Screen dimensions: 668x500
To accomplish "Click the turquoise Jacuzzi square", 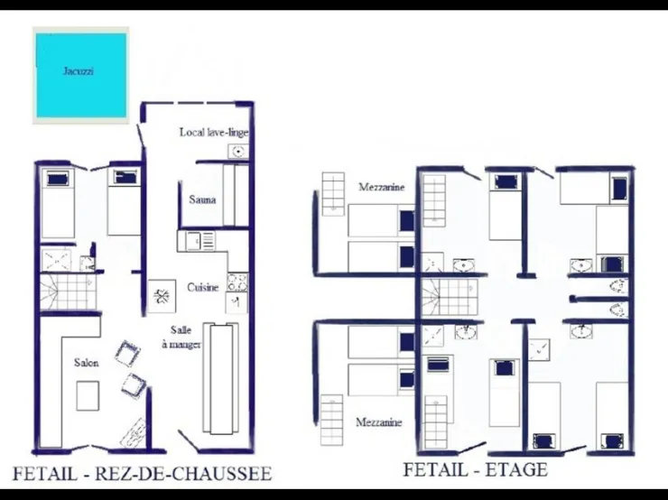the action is click(81, 76).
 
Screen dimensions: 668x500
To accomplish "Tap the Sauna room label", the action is click(202, 199).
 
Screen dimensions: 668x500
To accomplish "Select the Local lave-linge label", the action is click(214, 132).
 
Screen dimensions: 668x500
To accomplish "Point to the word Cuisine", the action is click(203, 288).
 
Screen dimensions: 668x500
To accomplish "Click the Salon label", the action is click(87, 363).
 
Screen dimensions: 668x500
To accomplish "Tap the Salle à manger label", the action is click(181, 337).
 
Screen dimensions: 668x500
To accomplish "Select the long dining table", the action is click(220, 378).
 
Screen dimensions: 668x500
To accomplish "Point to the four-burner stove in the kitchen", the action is click(237, 282).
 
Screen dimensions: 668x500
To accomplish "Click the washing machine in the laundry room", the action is click(238, 152).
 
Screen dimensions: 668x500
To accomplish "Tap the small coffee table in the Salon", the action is click(88, 395).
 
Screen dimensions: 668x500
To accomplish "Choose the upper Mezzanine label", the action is click(381, 187).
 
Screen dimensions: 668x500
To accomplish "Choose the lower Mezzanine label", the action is click(379, 422).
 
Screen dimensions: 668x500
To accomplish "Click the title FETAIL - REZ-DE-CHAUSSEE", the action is click(142, 474).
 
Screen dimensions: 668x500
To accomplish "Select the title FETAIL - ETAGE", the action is click(475, 469).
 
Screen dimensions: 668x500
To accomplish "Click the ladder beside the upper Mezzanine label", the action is click(333, 194).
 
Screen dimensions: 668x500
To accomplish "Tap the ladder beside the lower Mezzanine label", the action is click(331, 421).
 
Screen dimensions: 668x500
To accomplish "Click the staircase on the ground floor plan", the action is click(69, 292).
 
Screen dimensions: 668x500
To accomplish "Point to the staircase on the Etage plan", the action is click(450, 297).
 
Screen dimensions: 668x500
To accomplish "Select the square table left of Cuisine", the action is click(162, 296).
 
